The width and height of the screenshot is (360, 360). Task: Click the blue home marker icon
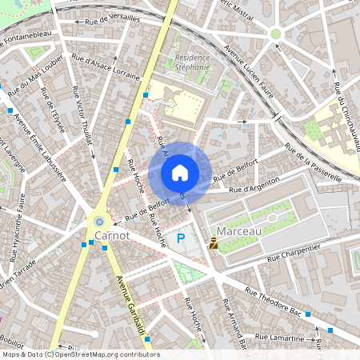click(x=180, y=173)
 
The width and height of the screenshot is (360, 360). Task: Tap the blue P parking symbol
click(x=182, y=238)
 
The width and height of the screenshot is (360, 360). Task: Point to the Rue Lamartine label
click(x=282, y=338)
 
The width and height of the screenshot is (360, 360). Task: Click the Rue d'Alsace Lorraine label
click(x=106, y=68)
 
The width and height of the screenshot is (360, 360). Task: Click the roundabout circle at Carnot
click(x=99, y=221)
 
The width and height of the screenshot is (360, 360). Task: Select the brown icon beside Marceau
click(x=214, y=243)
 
